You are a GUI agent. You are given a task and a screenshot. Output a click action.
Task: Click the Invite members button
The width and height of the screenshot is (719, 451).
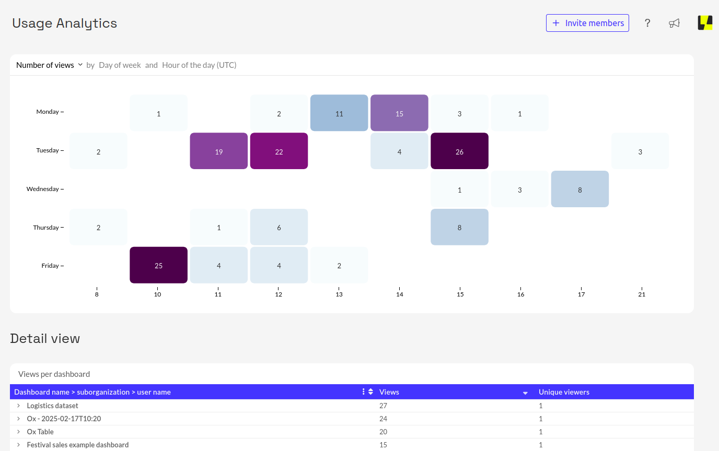587,23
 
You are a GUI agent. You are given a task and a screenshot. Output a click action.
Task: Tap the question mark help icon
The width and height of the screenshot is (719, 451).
647,23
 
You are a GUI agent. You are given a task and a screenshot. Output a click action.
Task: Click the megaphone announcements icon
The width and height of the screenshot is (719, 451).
674,23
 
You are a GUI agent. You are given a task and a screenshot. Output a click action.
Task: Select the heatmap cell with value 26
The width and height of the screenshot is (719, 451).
459,151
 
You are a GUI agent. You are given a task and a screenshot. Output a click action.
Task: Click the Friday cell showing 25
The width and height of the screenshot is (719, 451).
158,265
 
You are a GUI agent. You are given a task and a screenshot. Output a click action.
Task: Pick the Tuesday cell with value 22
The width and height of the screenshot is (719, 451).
279,151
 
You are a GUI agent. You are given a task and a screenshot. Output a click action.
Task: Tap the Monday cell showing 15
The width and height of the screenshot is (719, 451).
399,113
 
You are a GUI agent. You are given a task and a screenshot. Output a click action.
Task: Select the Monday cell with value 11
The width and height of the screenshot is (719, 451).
339,113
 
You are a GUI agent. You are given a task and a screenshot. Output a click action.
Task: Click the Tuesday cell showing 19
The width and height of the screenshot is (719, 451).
218,151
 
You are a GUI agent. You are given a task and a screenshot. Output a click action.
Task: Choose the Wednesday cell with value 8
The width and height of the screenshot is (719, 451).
579,189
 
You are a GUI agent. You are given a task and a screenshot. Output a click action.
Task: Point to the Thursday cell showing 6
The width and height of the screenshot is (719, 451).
279,227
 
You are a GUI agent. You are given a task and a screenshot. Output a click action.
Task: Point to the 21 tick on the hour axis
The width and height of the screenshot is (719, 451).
642,294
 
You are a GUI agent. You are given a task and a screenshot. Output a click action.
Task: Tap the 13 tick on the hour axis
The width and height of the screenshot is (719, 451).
339,294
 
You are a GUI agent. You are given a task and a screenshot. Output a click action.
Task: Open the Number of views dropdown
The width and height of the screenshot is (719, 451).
50,65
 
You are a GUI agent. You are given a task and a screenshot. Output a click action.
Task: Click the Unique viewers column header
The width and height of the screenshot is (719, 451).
564,392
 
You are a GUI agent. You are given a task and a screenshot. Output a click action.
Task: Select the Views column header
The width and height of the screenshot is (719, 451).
389,392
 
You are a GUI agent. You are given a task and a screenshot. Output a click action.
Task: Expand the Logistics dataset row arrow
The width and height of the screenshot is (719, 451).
18,406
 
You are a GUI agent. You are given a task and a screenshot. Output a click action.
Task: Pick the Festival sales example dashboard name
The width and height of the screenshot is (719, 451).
78,445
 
